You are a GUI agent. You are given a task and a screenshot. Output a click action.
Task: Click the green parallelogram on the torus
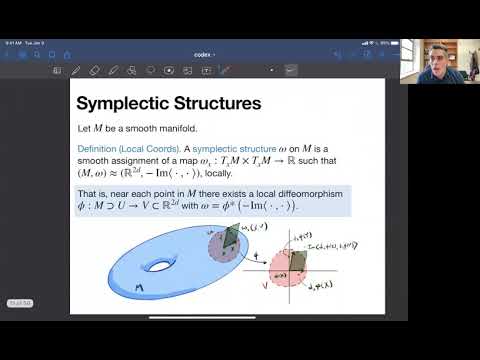coord(233,238)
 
